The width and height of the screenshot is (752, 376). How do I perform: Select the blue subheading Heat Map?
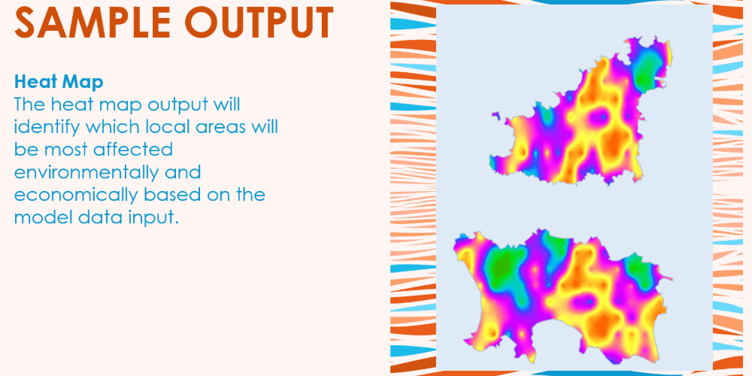(x=59, y=82)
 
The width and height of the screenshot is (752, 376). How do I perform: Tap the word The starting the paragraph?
(x=30, y=105)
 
